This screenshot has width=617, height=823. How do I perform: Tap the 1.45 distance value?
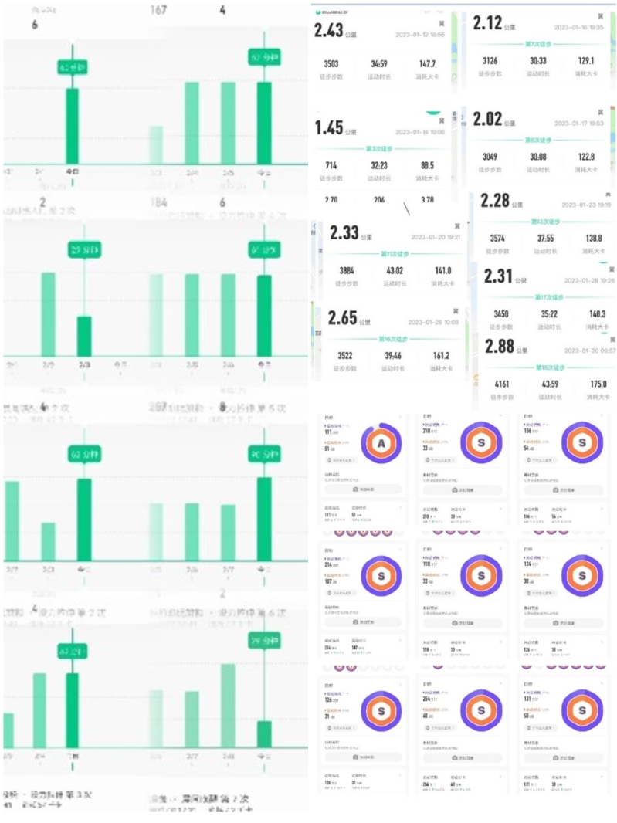[x=328, y=127]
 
